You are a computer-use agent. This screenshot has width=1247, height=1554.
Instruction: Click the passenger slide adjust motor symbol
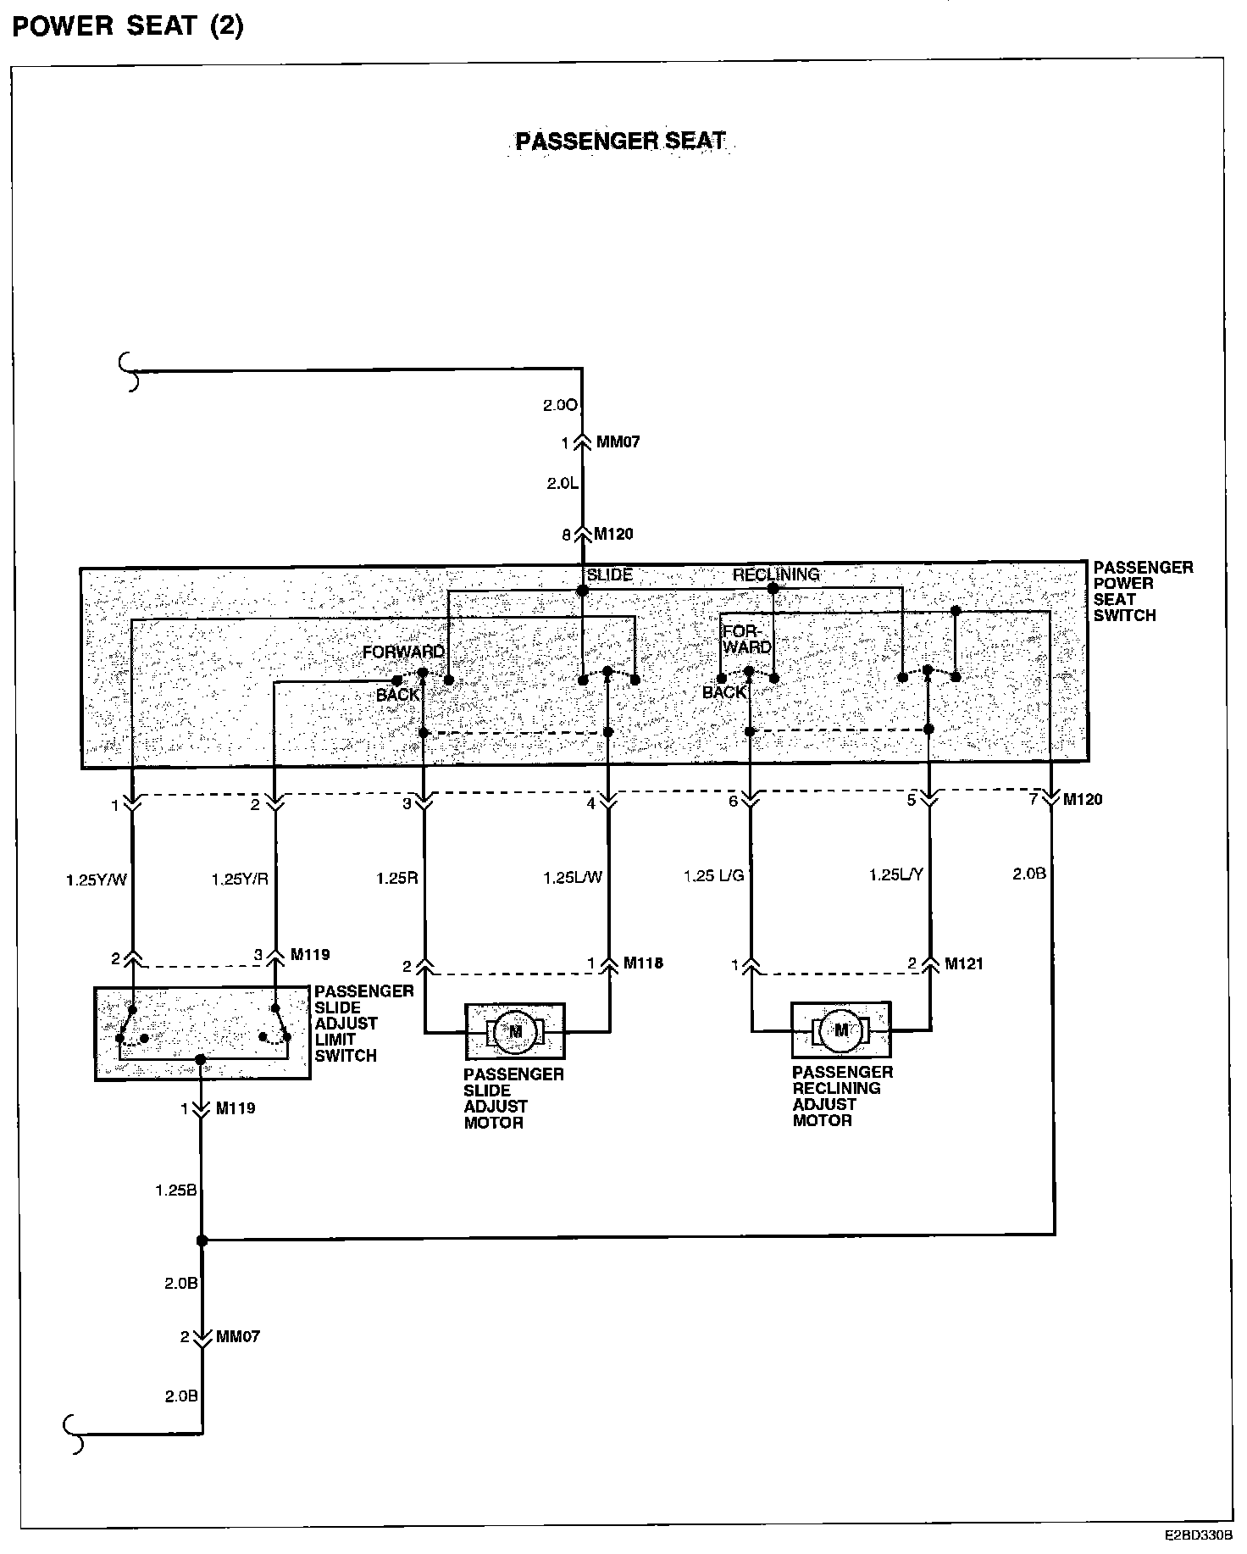pyautogui.click(x=515, y=1031)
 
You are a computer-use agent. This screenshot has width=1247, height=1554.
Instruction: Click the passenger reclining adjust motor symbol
pyautogui.click(x=841, y=1030)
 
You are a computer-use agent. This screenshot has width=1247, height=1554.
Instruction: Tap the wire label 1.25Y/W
pyautogui.click(x=97, y=880)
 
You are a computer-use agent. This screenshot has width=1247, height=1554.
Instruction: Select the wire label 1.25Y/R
pyautogui.click(x=240, y=880)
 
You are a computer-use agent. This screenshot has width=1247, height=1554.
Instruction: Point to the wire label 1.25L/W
pyautogui.click(x=573, y=878)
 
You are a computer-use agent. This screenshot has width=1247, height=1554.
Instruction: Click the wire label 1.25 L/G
pyautogui.click(x=713, y=875)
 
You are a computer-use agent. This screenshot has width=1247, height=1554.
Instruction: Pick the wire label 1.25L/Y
pyautogui.click(x=896, y=874)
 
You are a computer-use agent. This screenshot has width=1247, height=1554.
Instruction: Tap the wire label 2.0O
pyautogui.click(x=560, y=406)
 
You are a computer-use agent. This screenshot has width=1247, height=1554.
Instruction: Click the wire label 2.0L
pyautogui.click(x=561, y=484)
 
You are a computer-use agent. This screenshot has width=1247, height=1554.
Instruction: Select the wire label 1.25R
pyautogui.click(x=397, y=879)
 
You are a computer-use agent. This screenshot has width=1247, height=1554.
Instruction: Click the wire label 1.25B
pyautogui.click(x=176, y=1190)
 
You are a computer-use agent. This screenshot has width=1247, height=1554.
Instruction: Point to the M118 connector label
pyautogui.click(x=643, y=963)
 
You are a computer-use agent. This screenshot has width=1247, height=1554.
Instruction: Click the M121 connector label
pyautogui.click(x=964, y=963)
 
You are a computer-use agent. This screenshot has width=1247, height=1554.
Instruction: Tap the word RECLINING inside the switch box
pyautogui.click(x=776, y=574)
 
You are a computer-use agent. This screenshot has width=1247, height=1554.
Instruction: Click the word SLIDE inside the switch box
pyautogui.click(x=610, y=574)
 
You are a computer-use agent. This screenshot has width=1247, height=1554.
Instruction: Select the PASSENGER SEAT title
pyautogui.click(x=621, y=141)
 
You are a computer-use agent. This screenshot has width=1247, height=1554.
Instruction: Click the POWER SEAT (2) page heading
pyautogui.click(x=128, y=26)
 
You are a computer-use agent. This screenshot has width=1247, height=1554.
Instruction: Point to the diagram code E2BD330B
pyautogui.click(x=1198, y=1535)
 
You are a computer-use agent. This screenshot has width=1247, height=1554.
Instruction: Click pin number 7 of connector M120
pyautogui.click(x=1034, y=799)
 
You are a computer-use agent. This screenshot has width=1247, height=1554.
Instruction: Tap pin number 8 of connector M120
pyautogui.click(x=566, y=535)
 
